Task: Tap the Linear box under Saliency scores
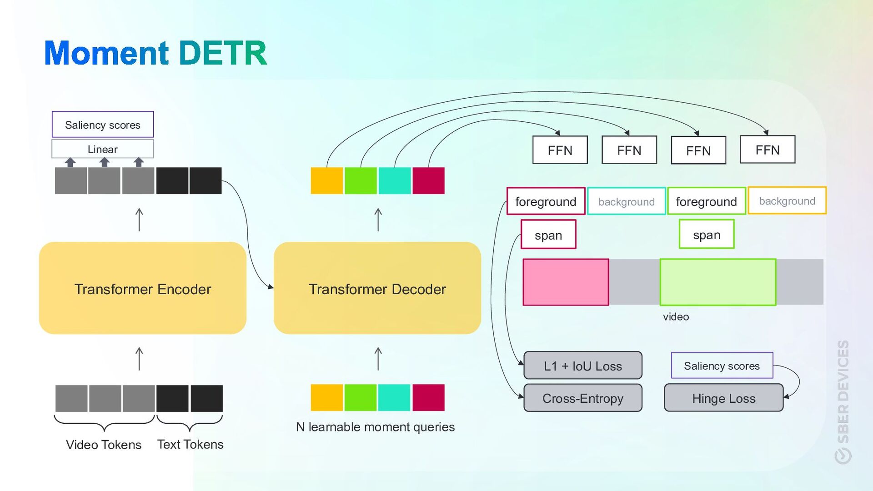tap(102, 149)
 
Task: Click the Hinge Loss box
tap(723, 398)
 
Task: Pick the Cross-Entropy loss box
tap(582, 398)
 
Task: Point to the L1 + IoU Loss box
tap(582, 366)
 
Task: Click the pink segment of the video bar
tap(566, 282)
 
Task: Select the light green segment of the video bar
tap(717, 282)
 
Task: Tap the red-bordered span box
tap(548, 235)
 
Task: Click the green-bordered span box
tap(706, 235)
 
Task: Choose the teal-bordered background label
tap(626, 201)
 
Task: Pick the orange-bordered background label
tap(787, 201)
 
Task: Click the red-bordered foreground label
tap(546, 201)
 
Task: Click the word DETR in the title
tap(223, 53)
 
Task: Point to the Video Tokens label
tap(104, 444)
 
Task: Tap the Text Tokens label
tap(190, 444)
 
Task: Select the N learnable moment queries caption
tap(375, 427)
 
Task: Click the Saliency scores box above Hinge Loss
tap(722, 366)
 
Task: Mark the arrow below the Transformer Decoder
tap(378, 359)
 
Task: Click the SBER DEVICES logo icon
tap(843, 455)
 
